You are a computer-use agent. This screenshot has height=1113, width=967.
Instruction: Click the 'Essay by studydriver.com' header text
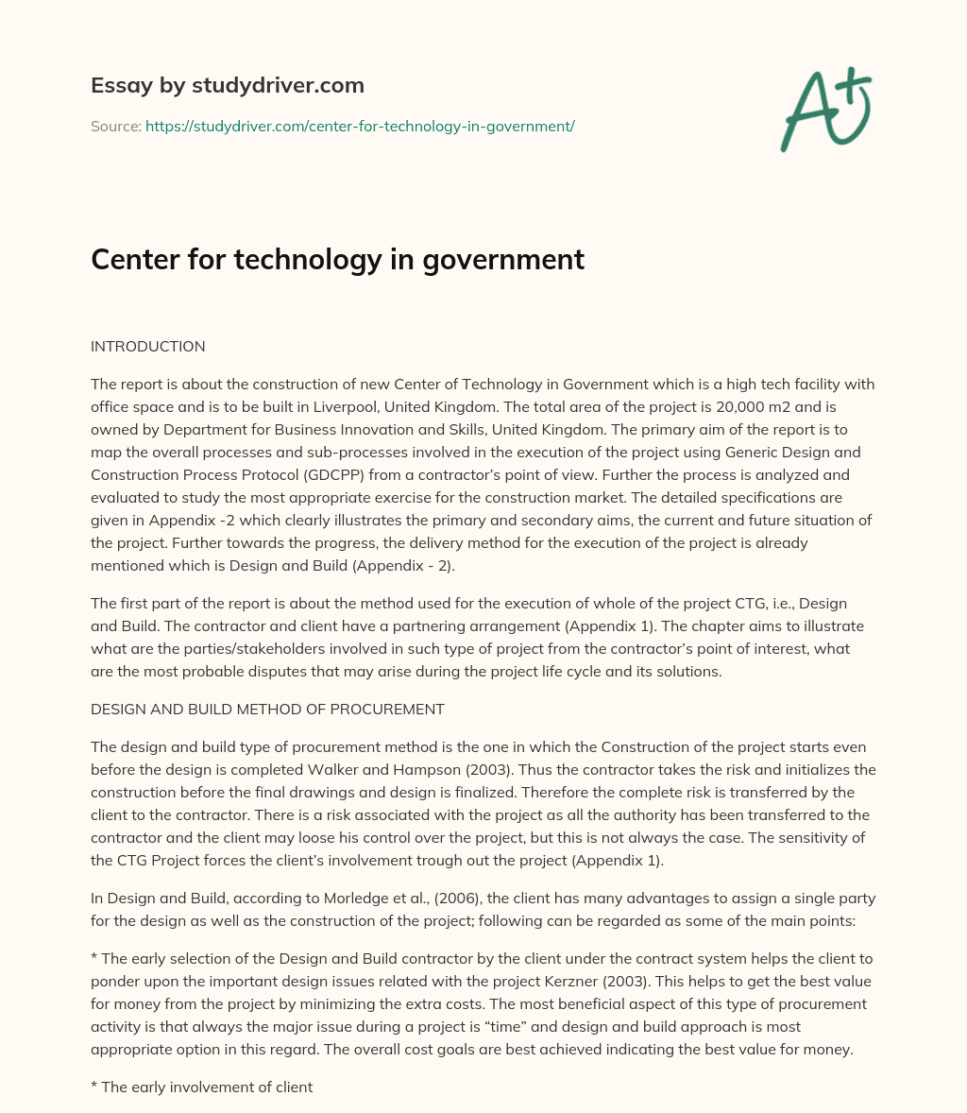[227, 85]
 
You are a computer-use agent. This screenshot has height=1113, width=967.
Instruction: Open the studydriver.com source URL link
[360, 126]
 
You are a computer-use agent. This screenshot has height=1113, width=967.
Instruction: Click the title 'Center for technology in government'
[337, 260]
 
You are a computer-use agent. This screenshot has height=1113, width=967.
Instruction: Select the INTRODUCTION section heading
[147, 347]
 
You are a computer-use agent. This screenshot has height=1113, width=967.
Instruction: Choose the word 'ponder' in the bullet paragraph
[113, 981]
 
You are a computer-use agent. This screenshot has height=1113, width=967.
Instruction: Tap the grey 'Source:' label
[115, 126]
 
